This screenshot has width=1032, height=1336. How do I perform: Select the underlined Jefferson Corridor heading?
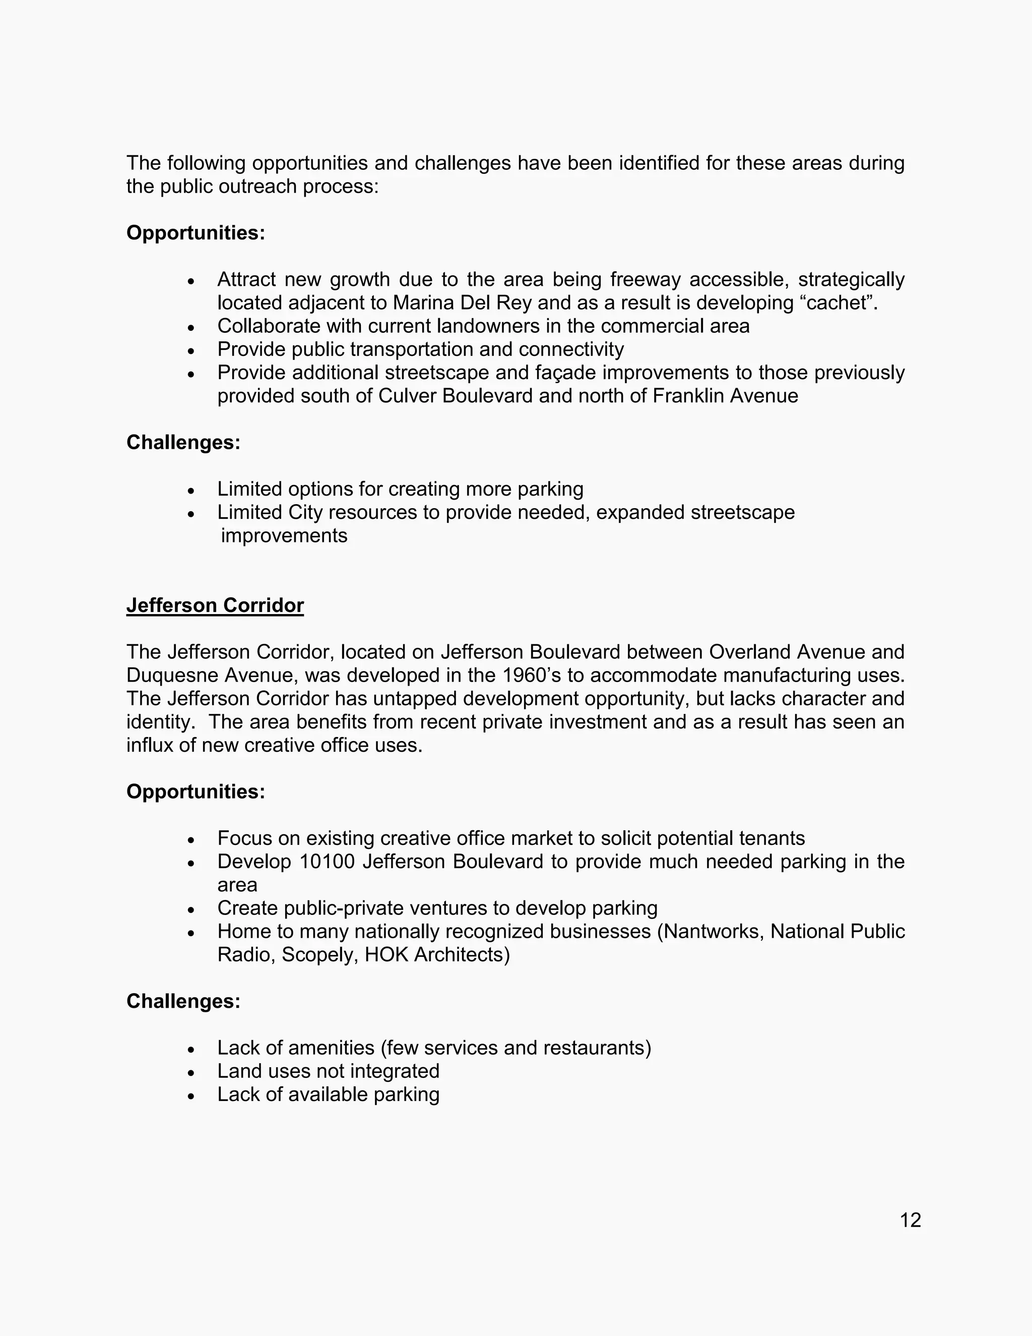click(215, 605)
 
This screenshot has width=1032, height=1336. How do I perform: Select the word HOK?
click(386, 954)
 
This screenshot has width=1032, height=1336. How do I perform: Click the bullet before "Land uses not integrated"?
click(191, 1072)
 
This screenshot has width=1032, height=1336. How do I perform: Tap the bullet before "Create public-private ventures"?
click(191, 909)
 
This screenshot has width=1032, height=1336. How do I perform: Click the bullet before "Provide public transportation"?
click(191, 350)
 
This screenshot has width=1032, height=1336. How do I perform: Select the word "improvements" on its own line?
click(284, 536)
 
